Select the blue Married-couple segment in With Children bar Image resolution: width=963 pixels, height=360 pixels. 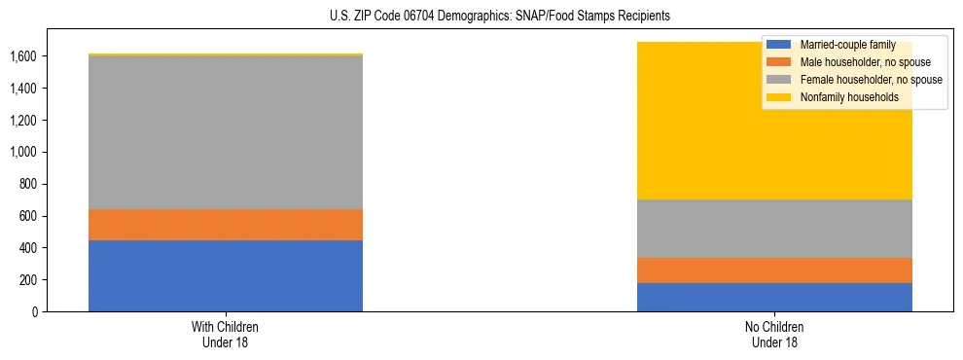pos(226,275)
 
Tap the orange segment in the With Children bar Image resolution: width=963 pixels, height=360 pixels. pos(226,225)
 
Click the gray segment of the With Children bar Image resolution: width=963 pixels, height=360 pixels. pos(226,132)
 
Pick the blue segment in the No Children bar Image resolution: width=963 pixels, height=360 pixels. pos(774,297)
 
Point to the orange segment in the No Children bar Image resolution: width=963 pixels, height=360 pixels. pos(774,270)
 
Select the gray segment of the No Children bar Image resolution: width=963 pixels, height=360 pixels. pos(774,229)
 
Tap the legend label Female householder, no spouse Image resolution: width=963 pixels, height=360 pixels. pos(871,80)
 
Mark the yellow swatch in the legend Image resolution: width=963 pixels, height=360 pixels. pos(779,97)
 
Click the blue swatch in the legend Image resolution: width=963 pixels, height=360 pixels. pos(779,45)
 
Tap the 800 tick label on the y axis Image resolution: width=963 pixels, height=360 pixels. pos(28,184)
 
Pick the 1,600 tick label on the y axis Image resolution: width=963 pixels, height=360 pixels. pos(23,56)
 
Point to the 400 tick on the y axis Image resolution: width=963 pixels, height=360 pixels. pos(28,248)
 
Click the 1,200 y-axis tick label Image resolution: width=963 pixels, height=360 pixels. pos(23,121)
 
